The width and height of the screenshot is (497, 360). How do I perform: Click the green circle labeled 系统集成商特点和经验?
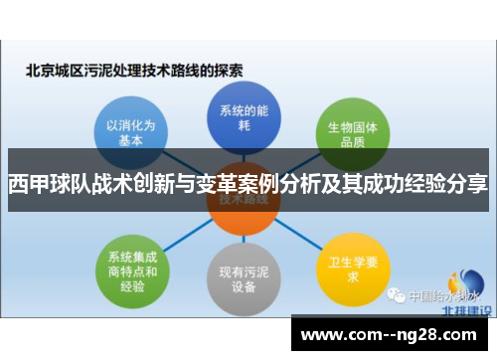131,266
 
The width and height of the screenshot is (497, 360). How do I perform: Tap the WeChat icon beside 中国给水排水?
397,295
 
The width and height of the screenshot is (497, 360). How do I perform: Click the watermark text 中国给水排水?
437,296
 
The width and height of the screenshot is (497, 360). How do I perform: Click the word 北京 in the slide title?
39,71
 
